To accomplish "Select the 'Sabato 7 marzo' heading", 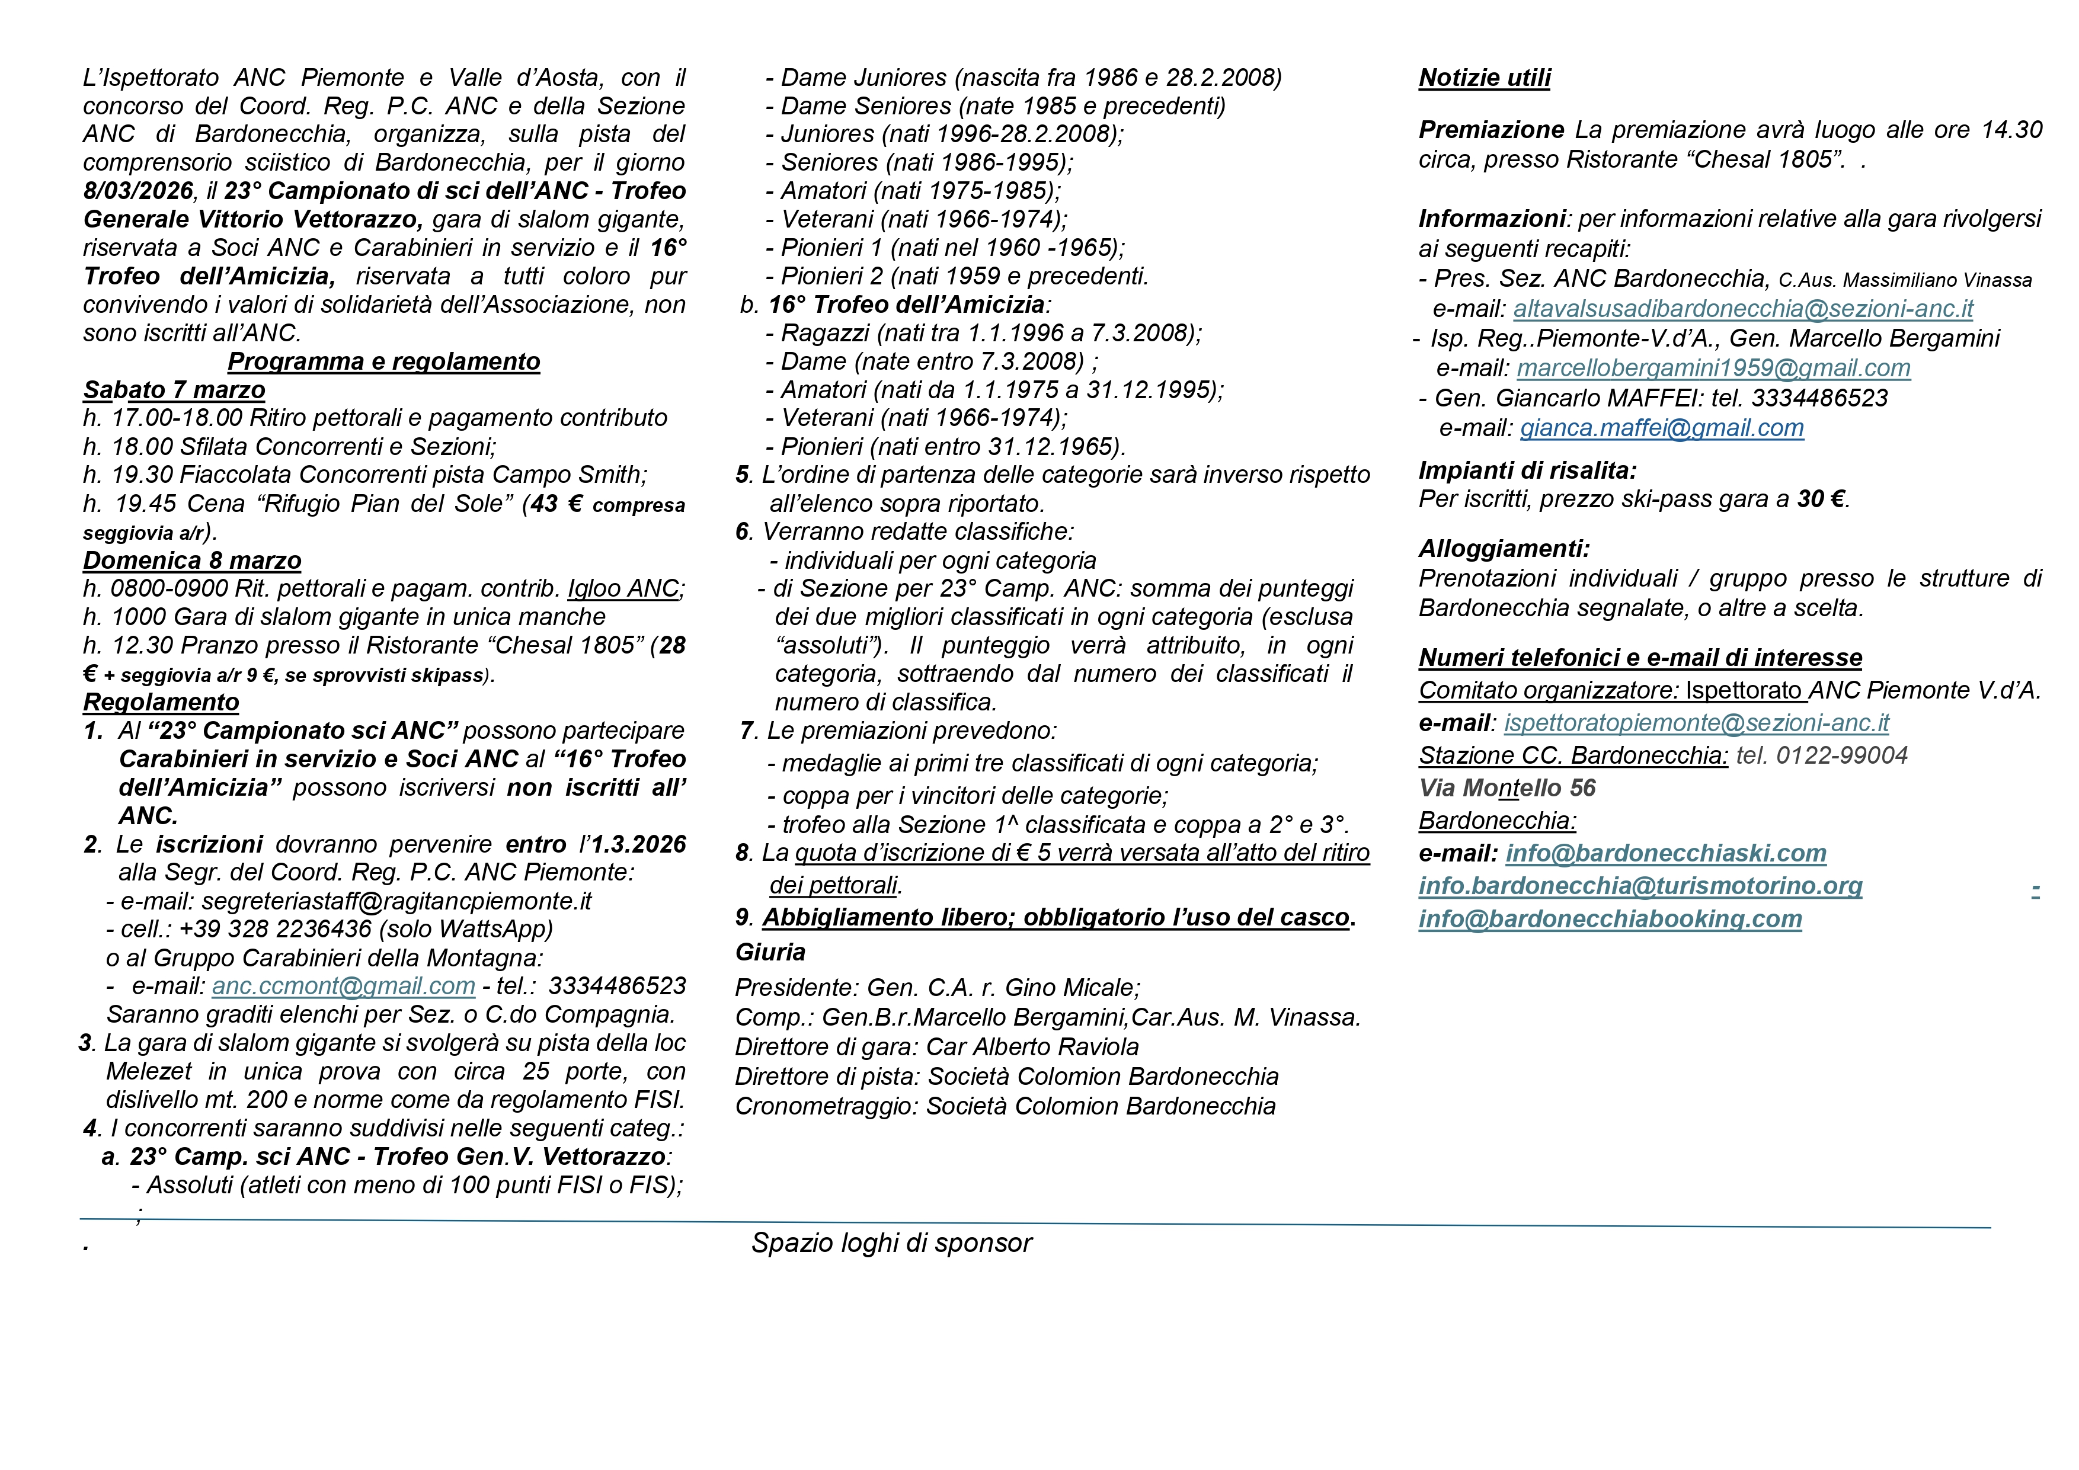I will tap(174, 390).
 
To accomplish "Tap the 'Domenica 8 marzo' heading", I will tap(192, 561).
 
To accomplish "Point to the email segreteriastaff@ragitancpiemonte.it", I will tap(396, 901).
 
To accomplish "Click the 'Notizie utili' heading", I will tap(1484, 78).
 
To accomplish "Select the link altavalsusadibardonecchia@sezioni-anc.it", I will tap(1742, 309).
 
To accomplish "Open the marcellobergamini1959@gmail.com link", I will tap(1713, 369).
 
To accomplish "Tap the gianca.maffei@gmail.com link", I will tap(1662, 428).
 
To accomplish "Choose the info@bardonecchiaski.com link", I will tap(1665, 854).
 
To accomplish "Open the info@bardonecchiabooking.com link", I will tap(1610, 919).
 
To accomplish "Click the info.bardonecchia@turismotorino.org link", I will tap(1640, 886).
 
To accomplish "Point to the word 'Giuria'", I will tap(770, 952).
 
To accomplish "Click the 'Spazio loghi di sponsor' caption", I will tap(891, 1243).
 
